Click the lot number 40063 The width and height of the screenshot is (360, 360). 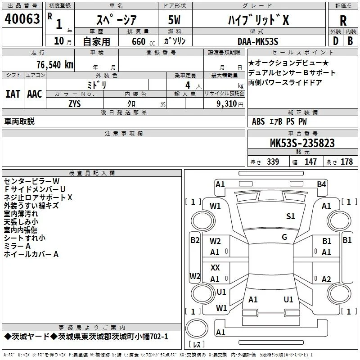pos(22,19)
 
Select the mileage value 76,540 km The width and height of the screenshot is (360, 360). pos(55,64)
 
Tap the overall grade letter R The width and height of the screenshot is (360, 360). pos(343,20)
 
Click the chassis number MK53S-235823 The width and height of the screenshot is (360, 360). pos(302,143)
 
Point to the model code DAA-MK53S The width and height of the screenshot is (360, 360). pos(258,41)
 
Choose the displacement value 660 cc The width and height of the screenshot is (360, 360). pos(143,41)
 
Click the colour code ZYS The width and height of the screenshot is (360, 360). pos(75,104)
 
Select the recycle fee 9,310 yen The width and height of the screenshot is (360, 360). pos(230,104)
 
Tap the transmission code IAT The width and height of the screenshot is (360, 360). pos(13,94)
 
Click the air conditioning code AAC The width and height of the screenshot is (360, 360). pos(35,94)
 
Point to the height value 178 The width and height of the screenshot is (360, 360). pos(346,162)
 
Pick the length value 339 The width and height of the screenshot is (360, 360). pos(273,162)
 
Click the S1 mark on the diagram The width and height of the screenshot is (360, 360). pos(290,216)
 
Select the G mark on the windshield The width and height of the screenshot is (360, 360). pos(284,237)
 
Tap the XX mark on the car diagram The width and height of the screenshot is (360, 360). pos(215,267)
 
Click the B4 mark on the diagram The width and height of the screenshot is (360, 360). pos(321,184)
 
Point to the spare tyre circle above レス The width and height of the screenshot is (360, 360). pos(197,328)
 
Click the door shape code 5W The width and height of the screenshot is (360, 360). pos(174,20)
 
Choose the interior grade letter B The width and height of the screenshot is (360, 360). pos(350,41)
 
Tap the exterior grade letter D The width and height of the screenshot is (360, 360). pos(336,41)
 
